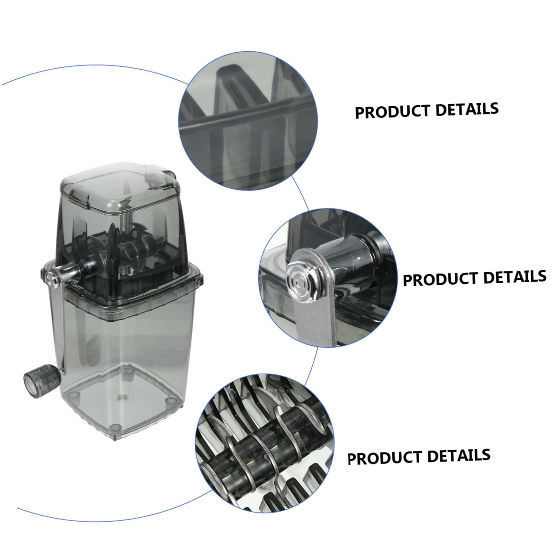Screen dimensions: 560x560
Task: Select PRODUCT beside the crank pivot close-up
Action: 441,279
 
